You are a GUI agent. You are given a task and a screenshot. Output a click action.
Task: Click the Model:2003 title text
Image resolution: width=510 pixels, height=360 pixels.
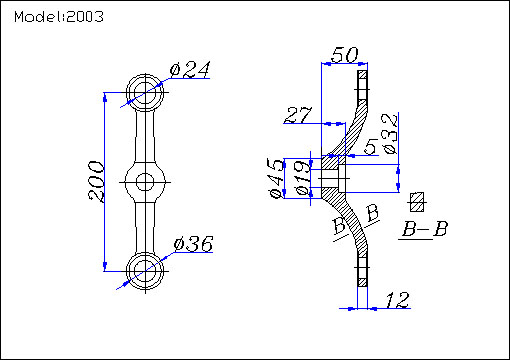tap(59, 16)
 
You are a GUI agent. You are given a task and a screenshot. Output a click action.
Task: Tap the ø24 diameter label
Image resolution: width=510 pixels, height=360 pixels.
tap(190, 70)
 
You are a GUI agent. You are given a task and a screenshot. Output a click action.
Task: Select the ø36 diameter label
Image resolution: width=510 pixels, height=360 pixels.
tap(193, 244)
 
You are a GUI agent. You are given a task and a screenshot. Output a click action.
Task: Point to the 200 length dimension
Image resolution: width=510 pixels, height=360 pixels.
tap(96, 182)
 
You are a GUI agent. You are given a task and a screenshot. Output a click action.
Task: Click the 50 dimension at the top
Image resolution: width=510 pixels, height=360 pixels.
tap(345, 55)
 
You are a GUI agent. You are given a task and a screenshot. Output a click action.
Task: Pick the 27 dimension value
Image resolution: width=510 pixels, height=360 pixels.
tap(298, 115)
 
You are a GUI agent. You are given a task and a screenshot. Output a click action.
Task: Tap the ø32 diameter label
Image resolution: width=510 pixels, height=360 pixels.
tap(390, 134)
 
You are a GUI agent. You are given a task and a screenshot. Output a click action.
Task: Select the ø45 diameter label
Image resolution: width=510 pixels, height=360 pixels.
tap(277, 178)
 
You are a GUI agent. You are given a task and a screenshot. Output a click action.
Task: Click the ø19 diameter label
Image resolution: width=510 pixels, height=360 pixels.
tap(303, 178)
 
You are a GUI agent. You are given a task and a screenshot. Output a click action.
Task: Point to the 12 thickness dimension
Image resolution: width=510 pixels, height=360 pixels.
tap(397, 300)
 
